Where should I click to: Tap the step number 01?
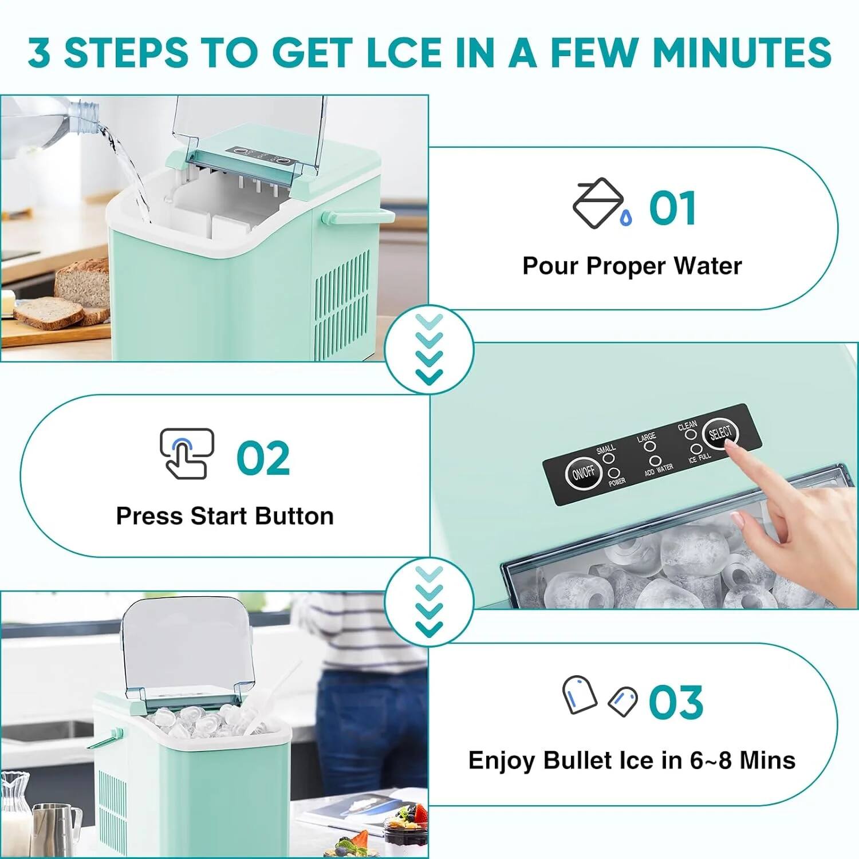coord(672,208)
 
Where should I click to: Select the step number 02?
coord(263,458)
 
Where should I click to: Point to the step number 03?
coord(675,703)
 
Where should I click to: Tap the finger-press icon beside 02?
coord(186,454)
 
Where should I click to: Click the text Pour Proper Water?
coord(632,266)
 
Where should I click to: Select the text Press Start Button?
coord(224,516)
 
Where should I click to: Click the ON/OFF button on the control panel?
coord(583,473)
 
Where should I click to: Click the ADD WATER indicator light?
coord(656,461)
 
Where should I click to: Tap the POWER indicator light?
coord(613,473)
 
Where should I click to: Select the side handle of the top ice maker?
coord(358,216)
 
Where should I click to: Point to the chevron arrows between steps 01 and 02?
coord(429,349)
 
